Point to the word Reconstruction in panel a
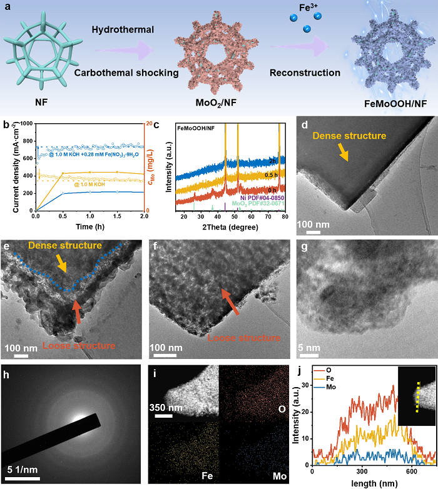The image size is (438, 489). [305, 73]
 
